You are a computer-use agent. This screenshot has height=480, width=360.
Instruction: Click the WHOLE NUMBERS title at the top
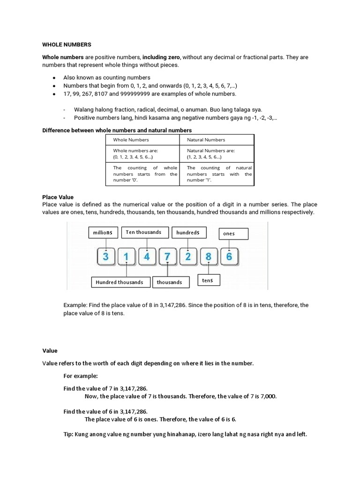click(x=67, y=45)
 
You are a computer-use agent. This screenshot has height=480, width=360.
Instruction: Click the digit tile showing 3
click(x=106, y=256)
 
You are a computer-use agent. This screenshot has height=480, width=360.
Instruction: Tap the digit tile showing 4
click(x=147, y=256)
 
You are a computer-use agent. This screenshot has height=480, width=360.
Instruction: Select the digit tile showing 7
click(x=167, y=256)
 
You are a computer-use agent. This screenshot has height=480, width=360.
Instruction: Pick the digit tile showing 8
click(x=209, y=256)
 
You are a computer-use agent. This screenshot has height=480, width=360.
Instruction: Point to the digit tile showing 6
click(x=229, y=256)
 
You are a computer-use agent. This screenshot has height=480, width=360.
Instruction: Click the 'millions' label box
click(x=103, y=232)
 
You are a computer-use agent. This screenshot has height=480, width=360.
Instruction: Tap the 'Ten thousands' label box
click(x=143, y=232)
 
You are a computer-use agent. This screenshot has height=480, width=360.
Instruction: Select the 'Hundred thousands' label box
click(x=120, y=282)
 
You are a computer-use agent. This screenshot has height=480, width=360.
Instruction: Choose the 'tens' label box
click(x=208, y=280)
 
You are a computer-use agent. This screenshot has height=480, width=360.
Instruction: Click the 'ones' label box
click(x=233, y=234)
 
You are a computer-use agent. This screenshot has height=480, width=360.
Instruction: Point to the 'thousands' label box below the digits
click(x=170, y=282)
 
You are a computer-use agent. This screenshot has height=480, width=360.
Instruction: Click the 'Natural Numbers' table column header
click(x=206, y=140)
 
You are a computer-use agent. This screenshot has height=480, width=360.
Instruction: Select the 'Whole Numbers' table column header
click(x=131, y=140)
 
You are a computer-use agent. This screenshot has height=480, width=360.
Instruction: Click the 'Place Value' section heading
click(x=58, y=197)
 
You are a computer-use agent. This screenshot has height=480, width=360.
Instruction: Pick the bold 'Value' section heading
click(x=50, y=351)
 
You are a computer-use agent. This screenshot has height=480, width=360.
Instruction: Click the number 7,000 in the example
click(x=268, y=397)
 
